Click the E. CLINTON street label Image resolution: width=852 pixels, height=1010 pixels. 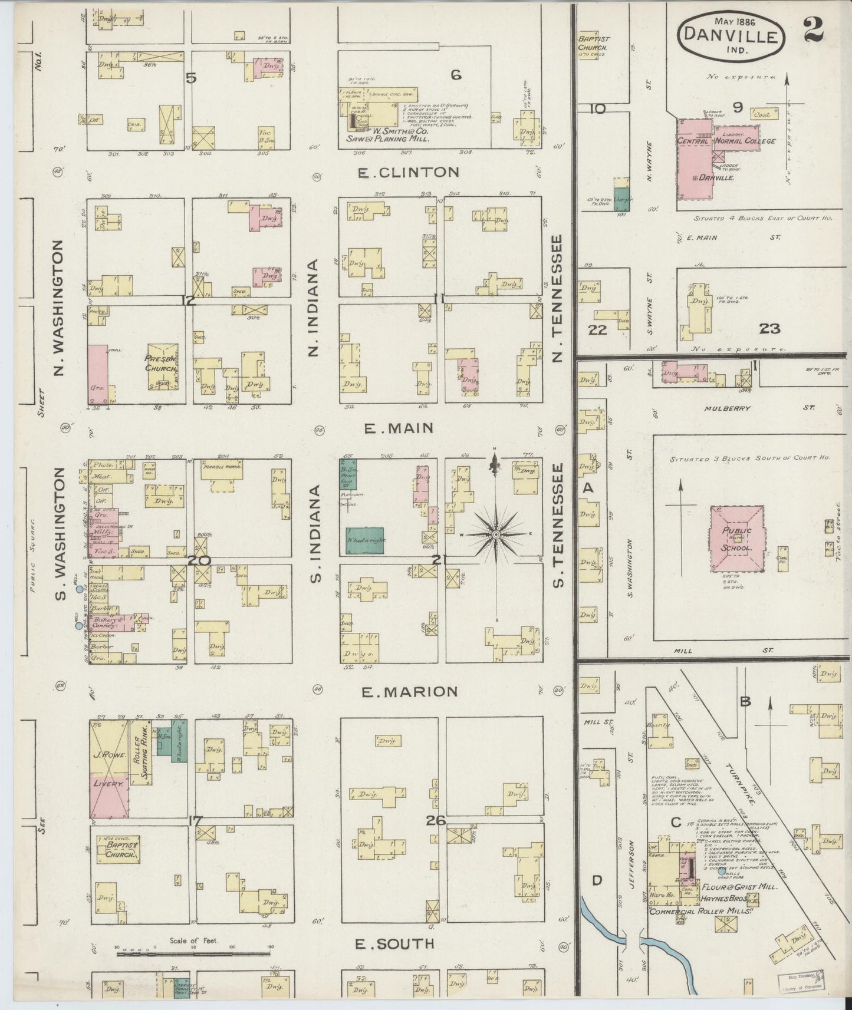pyautogui.click(x=408, y=172)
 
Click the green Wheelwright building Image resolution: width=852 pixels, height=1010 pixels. pyautogui.click(x=364, y=540)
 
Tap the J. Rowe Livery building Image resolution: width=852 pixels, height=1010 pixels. pyautogui.click(x=109, y=770)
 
